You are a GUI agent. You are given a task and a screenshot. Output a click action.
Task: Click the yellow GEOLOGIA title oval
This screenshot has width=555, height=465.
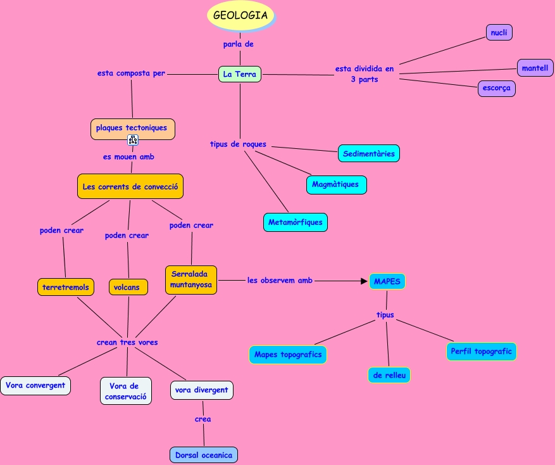click(240, 15)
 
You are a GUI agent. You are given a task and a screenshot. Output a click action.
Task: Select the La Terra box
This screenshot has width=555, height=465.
click(240, 74)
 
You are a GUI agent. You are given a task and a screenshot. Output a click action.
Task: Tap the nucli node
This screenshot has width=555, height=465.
click(499, 33)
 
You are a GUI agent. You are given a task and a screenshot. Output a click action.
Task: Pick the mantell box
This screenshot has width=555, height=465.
click(535, 68)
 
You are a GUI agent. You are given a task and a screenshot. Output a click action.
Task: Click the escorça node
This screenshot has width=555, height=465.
click(496, 88)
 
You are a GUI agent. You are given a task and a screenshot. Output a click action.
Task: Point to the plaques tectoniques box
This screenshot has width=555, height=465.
click(132, 128)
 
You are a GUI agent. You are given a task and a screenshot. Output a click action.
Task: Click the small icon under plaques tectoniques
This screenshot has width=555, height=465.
click(133, 140)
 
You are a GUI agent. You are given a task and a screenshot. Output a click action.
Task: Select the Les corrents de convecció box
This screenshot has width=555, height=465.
click(130, 187)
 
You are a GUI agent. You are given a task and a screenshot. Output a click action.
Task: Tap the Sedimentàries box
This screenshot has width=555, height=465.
click(369, 153)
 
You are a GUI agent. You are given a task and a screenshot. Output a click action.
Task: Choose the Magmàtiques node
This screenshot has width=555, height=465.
click(335, 184)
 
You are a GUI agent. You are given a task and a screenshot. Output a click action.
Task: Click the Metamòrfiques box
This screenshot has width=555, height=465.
click(295, 222)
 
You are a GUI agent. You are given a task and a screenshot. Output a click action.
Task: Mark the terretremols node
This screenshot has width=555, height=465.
click(66, 287)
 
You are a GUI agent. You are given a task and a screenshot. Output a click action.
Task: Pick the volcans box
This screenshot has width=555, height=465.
click(128, 287)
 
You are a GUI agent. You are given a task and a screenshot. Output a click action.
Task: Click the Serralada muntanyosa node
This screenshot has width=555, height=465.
click(191, 280)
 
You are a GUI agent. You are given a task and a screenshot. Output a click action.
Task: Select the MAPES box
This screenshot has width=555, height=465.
click(387, 281)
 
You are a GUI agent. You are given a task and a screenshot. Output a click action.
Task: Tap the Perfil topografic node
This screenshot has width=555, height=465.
click(481, 351)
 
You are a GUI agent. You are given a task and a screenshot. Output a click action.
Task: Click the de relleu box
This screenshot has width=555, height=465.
click(389, 375)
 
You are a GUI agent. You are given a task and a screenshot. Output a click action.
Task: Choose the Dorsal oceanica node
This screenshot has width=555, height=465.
click(203, 455)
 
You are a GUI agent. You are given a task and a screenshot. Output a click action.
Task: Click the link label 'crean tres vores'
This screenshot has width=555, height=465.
click(127, 342)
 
